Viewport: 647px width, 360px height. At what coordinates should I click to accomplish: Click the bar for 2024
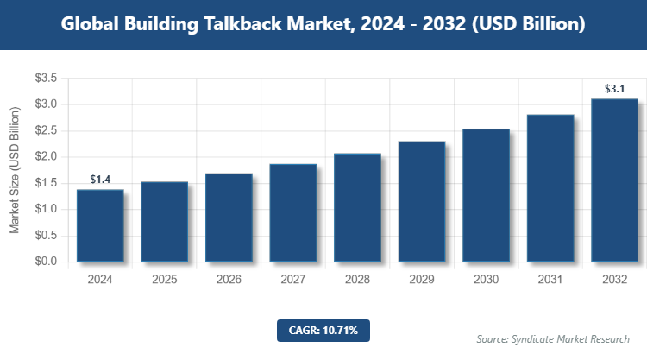pyautogui.click(x=100, y=225)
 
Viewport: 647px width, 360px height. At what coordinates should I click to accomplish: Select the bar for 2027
pyautogui.click(x=293, y=212)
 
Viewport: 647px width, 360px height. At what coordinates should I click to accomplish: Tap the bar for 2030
pyautogui.click(x=486, y=195)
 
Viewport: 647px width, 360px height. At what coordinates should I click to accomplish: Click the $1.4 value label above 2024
pyautogui.click(x=100, y=180)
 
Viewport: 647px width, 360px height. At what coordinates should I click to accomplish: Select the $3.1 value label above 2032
pyautogui.click(x=614, y=88)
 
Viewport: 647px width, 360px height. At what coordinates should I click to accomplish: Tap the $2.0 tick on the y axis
pyautogui.click(x=45, y=157)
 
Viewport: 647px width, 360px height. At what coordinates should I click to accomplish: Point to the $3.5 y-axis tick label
pyautogui.click(x=45, y=79)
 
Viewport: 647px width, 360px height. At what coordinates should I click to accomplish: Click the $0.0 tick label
pyautogui.click(x=45, y=262)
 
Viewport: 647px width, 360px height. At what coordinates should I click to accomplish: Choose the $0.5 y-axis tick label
pyautogui.click(x=45, y=236)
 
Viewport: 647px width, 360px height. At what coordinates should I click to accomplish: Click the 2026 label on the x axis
pyautogui.click(x=229, y=280)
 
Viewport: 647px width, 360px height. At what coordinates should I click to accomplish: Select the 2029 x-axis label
pyautogui.click(x=422, y=280)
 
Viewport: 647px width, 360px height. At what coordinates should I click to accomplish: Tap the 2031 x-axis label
pyautogui.click(x=550, y=280)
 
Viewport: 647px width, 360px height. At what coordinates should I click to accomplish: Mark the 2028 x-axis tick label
pyautogui.click(x=357, y=280)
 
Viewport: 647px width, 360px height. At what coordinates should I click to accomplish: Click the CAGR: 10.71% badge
pyautogui.click(x=323, y=330)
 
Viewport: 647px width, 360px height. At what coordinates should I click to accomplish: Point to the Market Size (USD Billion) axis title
pyautogui.click(x=15, y=170)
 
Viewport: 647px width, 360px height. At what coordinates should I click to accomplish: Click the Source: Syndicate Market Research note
pyautogui.click(x=553, y=338)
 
